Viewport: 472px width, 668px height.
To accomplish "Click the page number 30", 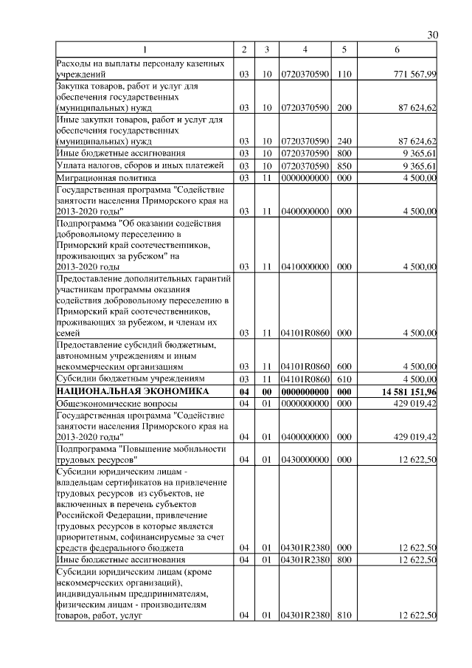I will pos(433,35).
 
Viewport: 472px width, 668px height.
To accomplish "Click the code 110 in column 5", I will pos(343,75).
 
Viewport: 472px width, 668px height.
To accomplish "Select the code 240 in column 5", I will pos(343,141).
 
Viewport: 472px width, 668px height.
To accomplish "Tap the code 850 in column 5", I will pos(343,166).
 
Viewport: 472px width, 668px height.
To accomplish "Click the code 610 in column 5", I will pos(343,379).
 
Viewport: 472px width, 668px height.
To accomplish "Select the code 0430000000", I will pos(305,460).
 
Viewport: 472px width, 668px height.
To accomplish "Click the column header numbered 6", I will pos(398,49).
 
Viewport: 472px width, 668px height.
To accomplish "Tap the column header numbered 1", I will pos(145,49).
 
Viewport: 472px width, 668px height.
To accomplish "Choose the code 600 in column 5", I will pos(343,366).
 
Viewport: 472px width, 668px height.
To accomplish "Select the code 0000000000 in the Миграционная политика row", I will pos(305,178).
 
